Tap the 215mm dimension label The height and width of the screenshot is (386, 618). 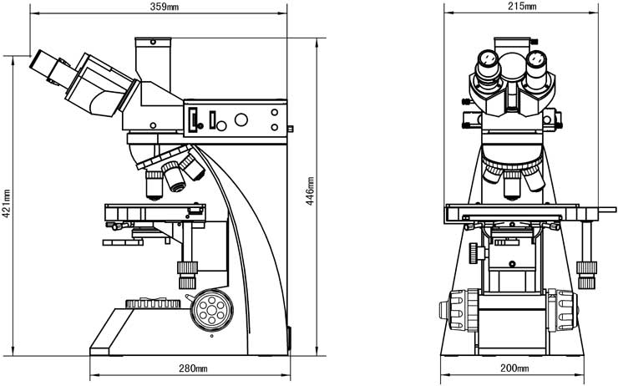(x=521, y=7)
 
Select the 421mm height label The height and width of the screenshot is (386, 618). (x=8, y=200)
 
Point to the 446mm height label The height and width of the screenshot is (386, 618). (x=310, y=190)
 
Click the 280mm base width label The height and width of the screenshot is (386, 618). (x=194, y=368)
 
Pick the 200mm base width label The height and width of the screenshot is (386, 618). (x=514, y=368)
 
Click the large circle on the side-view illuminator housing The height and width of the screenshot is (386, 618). (x=241, y=120)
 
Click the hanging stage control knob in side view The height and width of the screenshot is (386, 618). (x=186, y=268)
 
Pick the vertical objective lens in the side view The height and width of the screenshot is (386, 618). (x=154, y=185)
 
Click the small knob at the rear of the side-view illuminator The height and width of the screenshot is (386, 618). (x=291, y=129)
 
